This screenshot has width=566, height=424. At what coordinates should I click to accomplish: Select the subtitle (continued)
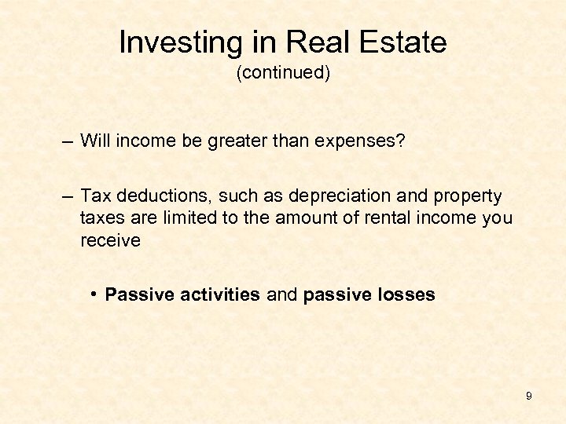(x=283, y=73)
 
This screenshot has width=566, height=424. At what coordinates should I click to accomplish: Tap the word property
(x=469, y=196)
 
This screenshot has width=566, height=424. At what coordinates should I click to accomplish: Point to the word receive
(x=110, y=240)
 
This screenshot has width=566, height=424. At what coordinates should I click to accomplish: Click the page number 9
(x=529, y=397)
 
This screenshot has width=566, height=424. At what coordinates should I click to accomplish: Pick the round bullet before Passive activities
(x=94, y=294)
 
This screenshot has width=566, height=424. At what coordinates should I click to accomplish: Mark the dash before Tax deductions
(x=68, y=196)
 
